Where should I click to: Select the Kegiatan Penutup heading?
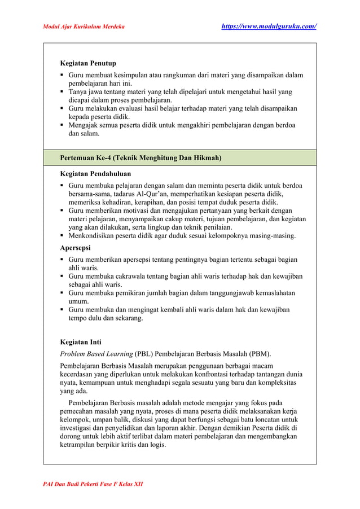click(88, 63)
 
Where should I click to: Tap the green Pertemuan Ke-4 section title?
click(141, 158)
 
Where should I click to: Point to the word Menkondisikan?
click(94, 235)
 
